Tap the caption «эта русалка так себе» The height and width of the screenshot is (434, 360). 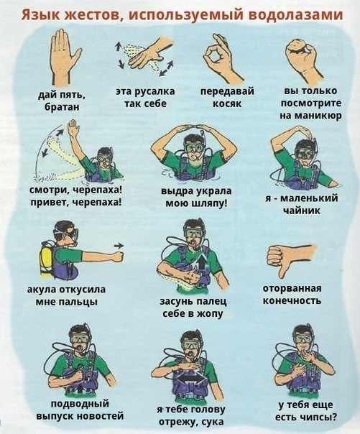140,98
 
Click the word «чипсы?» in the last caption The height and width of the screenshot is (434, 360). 315,417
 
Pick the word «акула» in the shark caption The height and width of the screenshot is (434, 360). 42,290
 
